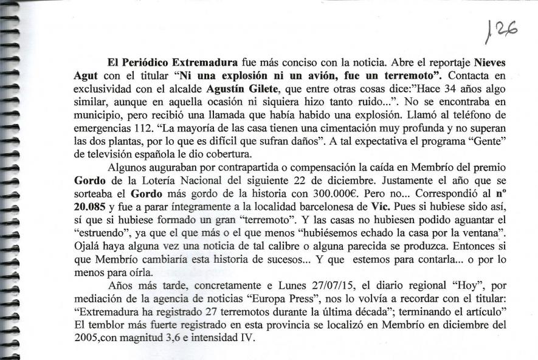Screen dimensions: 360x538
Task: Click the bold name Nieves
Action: tap(489, 63)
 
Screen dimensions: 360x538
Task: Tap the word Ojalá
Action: tap(87, 258)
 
